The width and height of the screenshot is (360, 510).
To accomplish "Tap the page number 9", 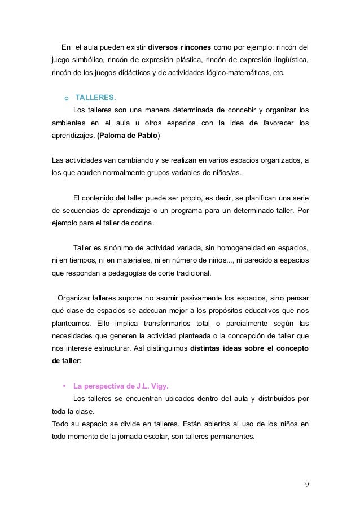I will coord(306,484).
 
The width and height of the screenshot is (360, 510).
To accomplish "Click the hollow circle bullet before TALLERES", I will coord(66,97).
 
